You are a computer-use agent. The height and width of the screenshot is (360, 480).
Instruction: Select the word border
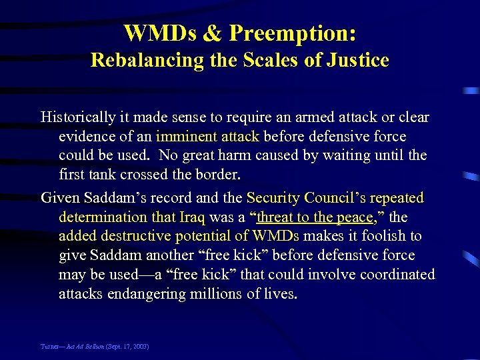coord(221,175)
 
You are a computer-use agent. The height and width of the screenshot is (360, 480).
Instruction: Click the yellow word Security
coord(273,198)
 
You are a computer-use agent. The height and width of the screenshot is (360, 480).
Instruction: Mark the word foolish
coord(388,236)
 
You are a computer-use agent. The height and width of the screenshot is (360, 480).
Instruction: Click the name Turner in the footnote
coord(50,347)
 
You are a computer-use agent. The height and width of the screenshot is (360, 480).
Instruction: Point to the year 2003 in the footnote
coord(140,347)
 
